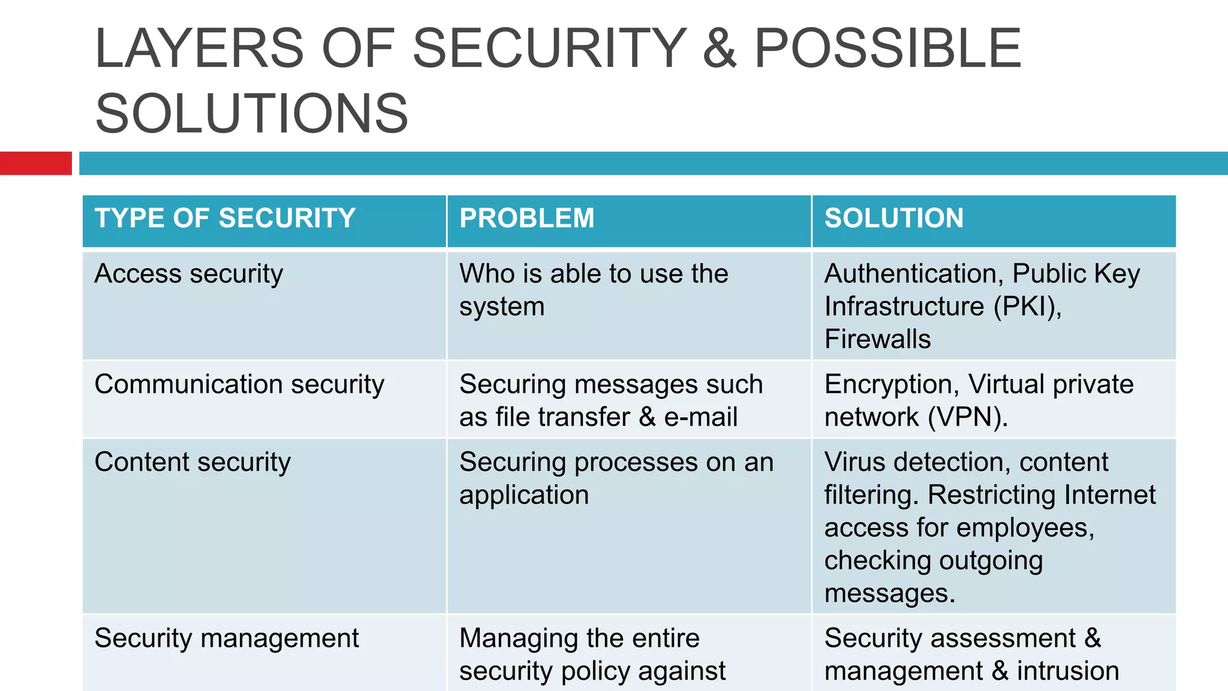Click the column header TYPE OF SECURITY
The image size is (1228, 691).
click(225, 218)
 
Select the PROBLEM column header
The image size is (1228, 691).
click(526, 218)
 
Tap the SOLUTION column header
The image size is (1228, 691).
click(893, 218)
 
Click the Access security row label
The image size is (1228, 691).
click(188, 274)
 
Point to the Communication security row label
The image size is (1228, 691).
click(239, 384)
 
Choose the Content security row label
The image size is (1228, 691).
click(192, 462)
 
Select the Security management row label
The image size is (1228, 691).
click(227, 638)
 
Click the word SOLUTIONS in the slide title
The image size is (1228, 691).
click(252, 113)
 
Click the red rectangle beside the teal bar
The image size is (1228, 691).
click(35, 163)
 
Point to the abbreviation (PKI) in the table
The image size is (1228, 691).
click(1027, 307)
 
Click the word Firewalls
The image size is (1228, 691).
click(877, 340)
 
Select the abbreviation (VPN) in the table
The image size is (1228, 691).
click(967, 417)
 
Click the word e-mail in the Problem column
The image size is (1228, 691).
click(700, 417)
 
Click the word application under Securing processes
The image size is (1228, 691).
click(524, 495)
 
